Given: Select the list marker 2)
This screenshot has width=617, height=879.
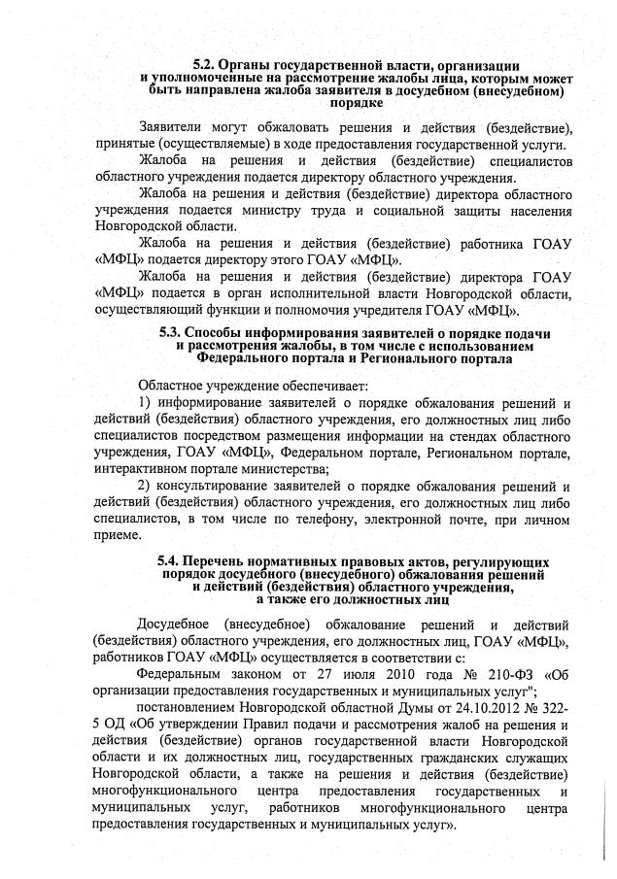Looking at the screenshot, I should [145, 485].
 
